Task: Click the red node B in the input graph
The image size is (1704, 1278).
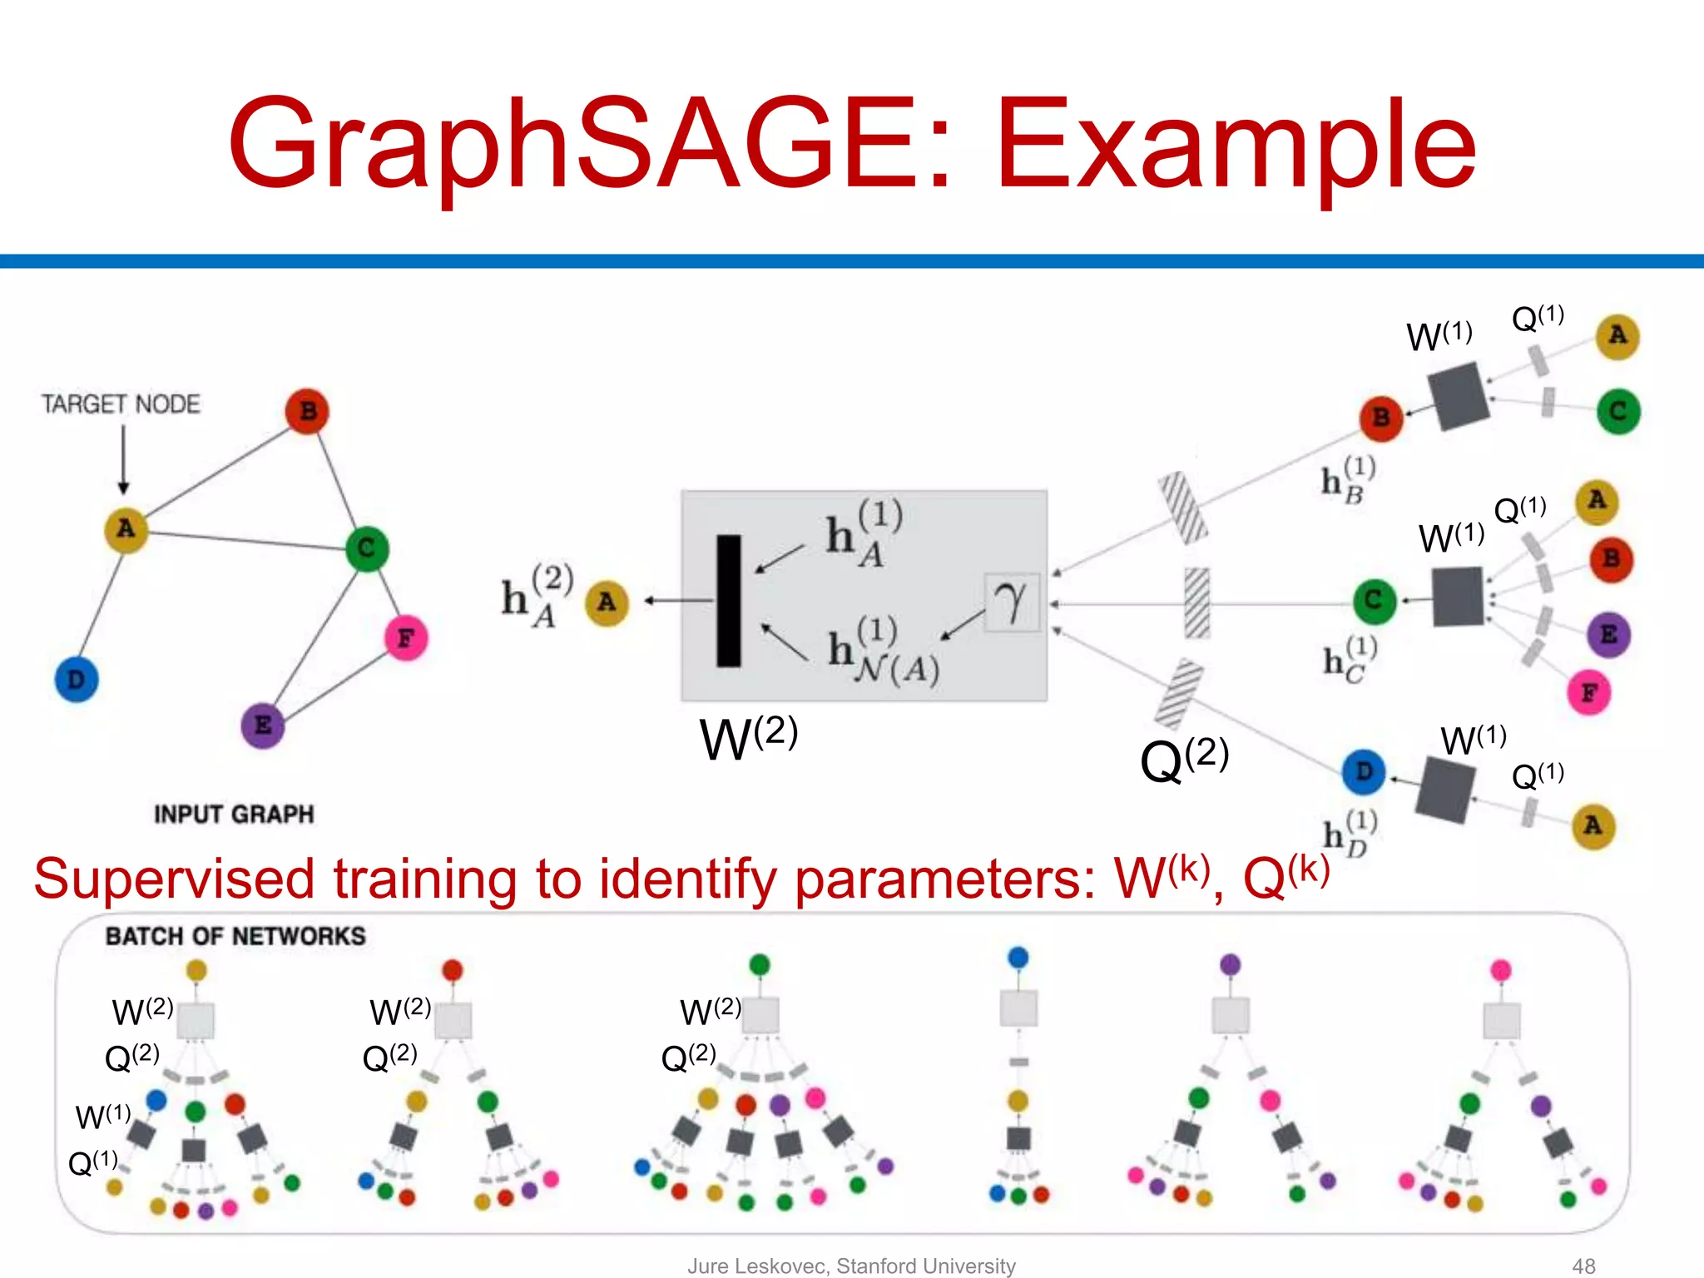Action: (307, 411)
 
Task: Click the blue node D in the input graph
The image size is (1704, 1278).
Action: (76, 679)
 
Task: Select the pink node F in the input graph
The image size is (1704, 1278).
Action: (405, 638)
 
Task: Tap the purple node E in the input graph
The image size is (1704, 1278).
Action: (262, 725)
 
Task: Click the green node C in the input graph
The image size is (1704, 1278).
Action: (366, 548)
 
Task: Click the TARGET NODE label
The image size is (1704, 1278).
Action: (121, 404)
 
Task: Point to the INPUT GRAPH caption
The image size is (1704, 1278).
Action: (234, 814)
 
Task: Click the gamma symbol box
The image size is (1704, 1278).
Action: (1012, 602)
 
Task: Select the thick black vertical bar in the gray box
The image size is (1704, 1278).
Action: (729, 601)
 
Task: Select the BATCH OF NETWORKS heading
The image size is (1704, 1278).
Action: (235, 936)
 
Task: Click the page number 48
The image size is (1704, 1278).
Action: (1583, 1266)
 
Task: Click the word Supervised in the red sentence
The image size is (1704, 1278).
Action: (174, 879)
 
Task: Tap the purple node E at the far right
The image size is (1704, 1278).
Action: (1608, 634)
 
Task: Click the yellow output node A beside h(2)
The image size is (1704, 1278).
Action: (607, 602)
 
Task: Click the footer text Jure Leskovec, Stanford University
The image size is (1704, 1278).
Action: (851, 1266)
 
